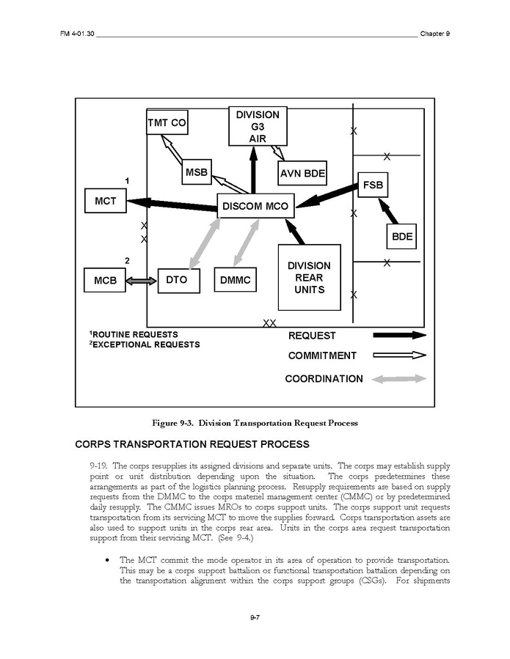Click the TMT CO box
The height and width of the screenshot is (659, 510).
pyautogui.click(x=167, y=123)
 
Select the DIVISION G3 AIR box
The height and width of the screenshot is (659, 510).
pyautogui.click(x=258, y=127)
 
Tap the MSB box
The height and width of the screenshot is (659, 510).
pyautogui.click(x=197, y=173)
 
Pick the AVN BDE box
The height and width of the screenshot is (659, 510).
pyautogui.click(x=302, y=174)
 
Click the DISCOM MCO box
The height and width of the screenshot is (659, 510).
pyautogui.click(x=255, y=206)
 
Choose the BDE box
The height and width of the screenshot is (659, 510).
pyautogui.click(x=401, y=237)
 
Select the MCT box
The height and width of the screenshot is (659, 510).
pyautogui.click(x=105, y=201)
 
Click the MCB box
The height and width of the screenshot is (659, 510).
pyautogui.click(x=105, y=280)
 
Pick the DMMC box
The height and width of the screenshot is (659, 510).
pyautogui.click(x=236, y=280)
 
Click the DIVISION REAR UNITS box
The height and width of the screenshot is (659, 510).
pyautogui.click(x=309, y=277)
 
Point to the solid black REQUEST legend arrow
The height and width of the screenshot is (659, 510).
pyautogui.click(x=399, y=336)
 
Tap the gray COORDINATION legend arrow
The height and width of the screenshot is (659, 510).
pyautogui.click(x=399, y=379)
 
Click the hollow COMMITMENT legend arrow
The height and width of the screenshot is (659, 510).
pyautogui.click(x=399, y=356)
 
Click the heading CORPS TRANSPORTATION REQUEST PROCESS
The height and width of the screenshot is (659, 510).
pyautogui.click(x=192, y=444)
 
